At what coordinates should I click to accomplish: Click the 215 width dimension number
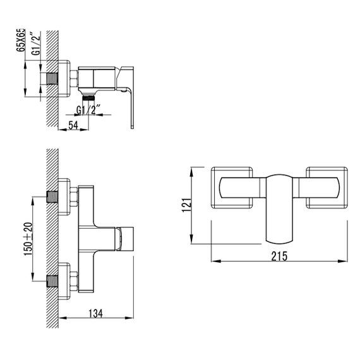[279, 256]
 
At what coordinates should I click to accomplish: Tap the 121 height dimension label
[187, 205]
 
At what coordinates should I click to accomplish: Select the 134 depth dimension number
[96, 313]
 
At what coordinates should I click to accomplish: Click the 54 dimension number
[73, 125]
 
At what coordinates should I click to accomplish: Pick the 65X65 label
[21, 40]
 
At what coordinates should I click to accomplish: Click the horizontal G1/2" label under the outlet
[88, 110]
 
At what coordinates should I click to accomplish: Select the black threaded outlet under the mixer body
[88, 97]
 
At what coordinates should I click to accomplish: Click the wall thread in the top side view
[52, 79]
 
